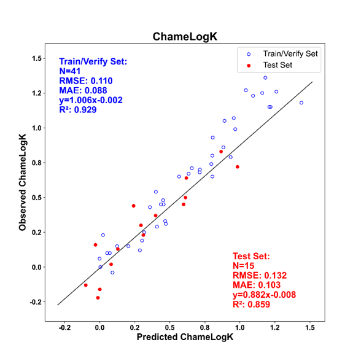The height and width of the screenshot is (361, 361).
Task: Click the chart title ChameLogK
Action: coord(185,37)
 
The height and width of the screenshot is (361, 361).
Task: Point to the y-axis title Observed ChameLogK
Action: coord(23,182)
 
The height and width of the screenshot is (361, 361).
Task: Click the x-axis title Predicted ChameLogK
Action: coord(185,337)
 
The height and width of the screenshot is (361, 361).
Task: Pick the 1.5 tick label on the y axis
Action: coord(37,58)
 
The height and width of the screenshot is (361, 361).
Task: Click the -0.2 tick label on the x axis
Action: coord(64,327)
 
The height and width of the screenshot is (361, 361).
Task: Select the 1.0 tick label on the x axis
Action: coord(239,327)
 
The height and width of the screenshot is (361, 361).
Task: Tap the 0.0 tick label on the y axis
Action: coord(37,267)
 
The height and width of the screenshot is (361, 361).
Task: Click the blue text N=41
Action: coord(70,71)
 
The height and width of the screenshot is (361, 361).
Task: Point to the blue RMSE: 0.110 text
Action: coord(86,81)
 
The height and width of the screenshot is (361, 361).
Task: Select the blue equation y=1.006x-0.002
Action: coord(91,100)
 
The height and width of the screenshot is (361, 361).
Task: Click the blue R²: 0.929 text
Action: coord(78,109)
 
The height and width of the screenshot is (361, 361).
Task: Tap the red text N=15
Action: coord(243,266)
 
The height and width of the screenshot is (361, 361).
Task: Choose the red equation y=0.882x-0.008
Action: coord(264,295)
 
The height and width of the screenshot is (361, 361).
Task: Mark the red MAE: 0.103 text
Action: coord(257,285)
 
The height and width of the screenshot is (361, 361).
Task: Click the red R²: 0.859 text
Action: coord(252,305)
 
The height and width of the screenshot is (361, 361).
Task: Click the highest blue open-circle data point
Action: coord(265,78)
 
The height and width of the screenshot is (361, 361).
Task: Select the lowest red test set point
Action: coord(98,298)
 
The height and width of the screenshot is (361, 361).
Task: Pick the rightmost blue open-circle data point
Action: coord(301,103)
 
